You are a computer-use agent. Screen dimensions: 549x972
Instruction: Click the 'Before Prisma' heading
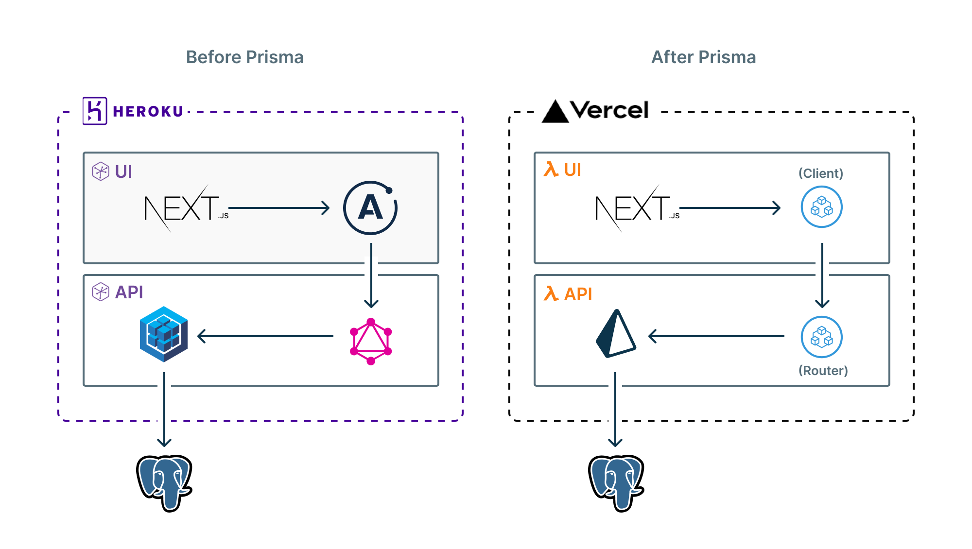point(244,57)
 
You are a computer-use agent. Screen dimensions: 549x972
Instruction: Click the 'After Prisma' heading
point(703,57)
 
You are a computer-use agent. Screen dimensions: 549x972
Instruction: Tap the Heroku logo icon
point(95,111)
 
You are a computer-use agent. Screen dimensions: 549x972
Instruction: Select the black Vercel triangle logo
point(555,112)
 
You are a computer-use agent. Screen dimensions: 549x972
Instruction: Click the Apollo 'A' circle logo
point(370,208)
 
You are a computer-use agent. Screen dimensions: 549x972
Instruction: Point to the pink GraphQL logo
point(371,341)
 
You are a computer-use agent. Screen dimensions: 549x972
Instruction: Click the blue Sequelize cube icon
point(164,334)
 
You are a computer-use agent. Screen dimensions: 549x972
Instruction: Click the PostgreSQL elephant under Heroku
point(164,482)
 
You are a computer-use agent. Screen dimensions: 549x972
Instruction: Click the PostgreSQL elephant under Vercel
point(616,482)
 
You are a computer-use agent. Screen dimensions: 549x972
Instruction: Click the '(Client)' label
point(820,173)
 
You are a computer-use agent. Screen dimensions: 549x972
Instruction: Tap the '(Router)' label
point(823,371)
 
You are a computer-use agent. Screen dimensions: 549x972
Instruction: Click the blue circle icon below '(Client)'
point(821,207)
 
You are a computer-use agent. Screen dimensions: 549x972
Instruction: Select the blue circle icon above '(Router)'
point(821,337)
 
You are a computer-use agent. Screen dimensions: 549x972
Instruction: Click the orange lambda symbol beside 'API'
point(551,293)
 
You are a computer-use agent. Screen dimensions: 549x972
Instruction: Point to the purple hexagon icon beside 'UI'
point(101,172)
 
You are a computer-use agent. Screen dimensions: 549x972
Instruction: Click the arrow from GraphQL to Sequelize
point(265,336)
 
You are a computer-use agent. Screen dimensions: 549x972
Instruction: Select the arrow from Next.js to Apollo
point(279,208)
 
